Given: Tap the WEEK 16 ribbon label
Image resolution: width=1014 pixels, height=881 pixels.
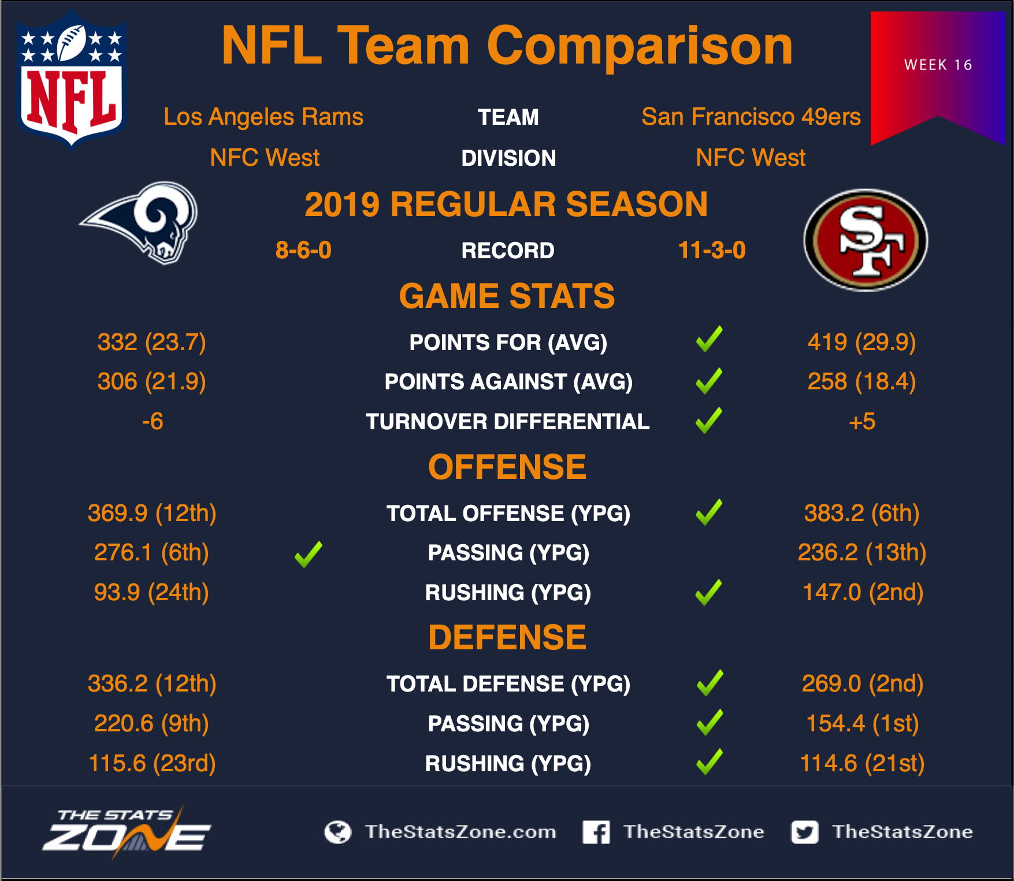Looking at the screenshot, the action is coord(938,65).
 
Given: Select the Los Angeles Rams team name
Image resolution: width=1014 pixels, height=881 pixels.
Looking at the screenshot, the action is coord(263,117).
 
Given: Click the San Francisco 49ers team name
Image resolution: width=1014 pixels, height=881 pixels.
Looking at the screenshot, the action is coord(751,117).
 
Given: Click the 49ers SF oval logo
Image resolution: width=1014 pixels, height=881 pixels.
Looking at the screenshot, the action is coord(866,240).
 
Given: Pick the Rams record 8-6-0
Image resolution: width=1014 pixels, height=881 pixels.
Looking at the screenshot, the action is coord(303,250).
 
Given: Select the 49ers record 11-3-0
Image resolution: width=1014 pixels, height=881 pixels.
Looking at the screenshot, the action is coord(712,250).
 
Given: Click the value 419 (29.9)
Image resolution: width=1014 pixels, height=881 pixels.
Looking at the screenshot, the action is coord(861,342).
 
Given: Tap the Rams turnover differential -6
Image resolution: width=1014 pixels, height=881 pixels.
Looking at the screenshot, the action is coord(153,421).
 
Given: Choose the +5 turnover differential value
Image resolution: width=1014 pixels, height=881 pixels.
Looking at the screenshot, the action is coord(862,421).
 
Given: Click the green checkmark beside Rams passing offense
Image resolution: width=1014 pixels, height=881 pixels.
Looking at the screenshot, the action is coord(309,554).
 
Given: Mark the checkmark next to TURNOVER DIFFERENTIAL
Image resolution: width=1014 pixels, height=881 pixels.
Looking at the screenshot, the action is coord(709,420).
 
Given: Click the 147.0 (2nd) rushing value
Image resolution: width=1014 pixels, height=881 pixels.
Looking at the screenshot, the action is coord(863,592).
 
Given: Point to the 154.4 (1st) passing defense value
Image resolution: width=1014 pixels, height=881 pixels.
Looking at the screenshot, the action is coord(862,723).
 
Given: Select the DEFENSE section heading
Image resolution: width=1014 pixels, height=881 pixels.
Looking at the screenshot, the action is coord(507,638).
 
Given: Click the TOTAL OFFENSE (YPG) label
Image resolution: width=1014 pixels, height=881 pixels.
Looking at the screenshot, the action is coord(508,514).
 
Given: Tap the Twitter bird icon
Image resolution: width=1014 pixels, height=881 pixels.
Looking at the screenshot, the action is coord(805,832).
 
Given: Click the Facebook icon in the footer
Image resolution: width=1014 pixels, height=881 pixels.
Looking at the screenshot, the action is coord(596,832).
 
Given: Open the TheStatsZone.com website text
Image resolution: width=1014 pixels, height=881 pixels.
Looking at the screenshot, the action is coord(460,832).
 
